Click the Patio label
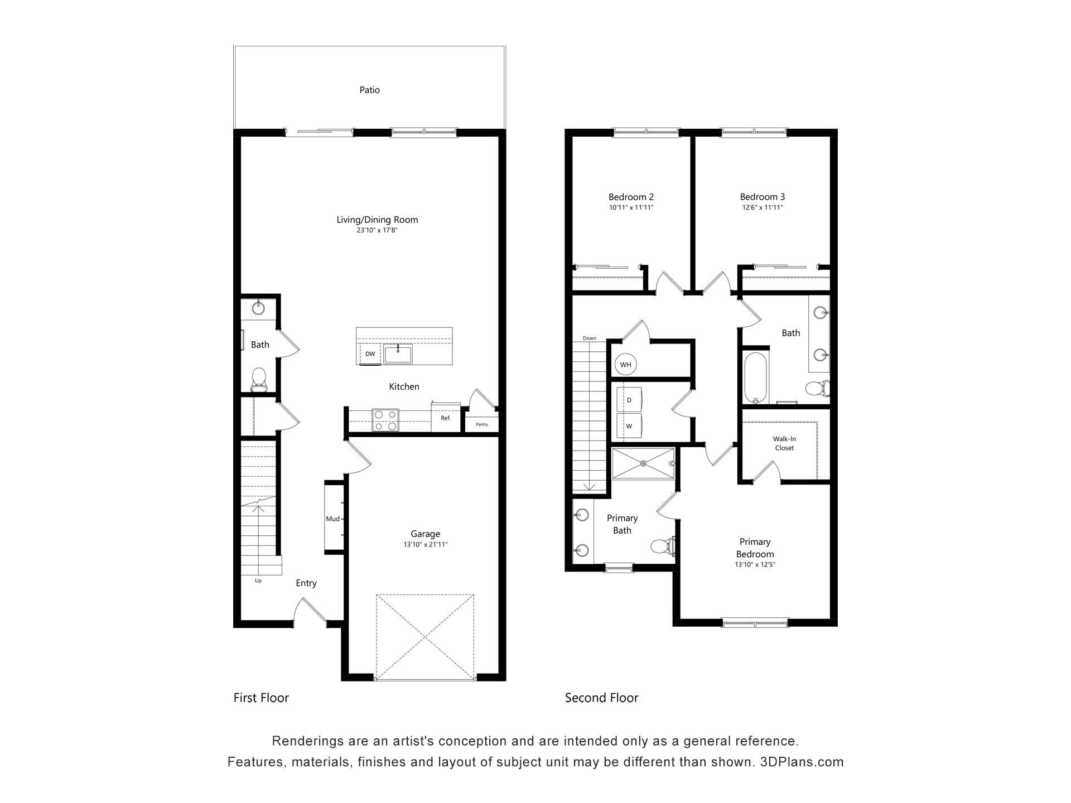tap(369, 90)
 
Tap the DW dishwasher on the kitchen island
tap(370, 354)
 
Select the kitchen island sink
tap(398, 354)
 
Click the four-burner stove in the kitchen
tap(385, 420)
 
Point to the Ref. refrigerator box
tap(446, 417)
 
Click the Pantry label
tap(482, 424)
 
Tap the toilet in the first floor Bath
tap(258, 379)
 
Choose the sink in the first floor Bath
tap(258, 307)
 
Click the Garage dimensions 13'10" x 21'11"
tap(426, 545)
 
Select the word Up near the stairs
tap(258, 581)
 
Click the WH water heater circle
tap(626, 365)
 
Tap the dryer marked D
tap(629, 400)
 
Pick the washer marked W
tap(629, 426)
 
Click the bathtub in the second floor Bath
tap(756, 377)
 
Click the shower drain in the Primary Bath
tap(643, 463)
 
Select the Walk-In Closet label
tap(784, 443)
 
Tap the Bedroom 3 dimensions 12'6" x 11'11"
tap(763, 207)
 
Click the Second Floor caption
tap(601, 698)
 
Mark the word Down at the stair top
tap(590, 338)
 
